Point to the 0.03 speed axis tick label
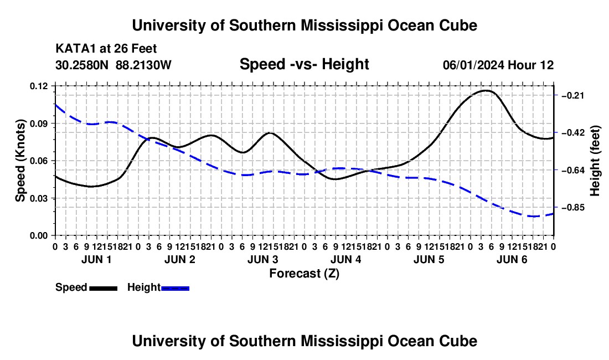(x=38, y=198)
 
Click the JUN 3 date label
(x=262, y=259)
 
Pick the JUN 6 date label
(x=512, y=259)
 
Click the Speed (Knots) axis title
(x=20, y=161)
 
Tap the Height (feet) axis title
(x=595, y=161)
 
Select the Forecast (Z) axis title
(x=304, y=274)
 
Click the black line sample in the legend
(x=104, y=288)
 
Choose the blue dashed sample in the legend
(x=175, y=288)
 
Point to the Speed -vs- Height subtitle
(x=304, y=64)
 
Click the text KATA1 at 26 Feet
(x=106, y=49)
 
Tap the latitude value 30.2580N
(x=82, y=65)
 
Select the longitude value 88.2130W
(x=143, y=65)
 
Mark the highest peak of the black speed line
(x=486, y=90)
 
